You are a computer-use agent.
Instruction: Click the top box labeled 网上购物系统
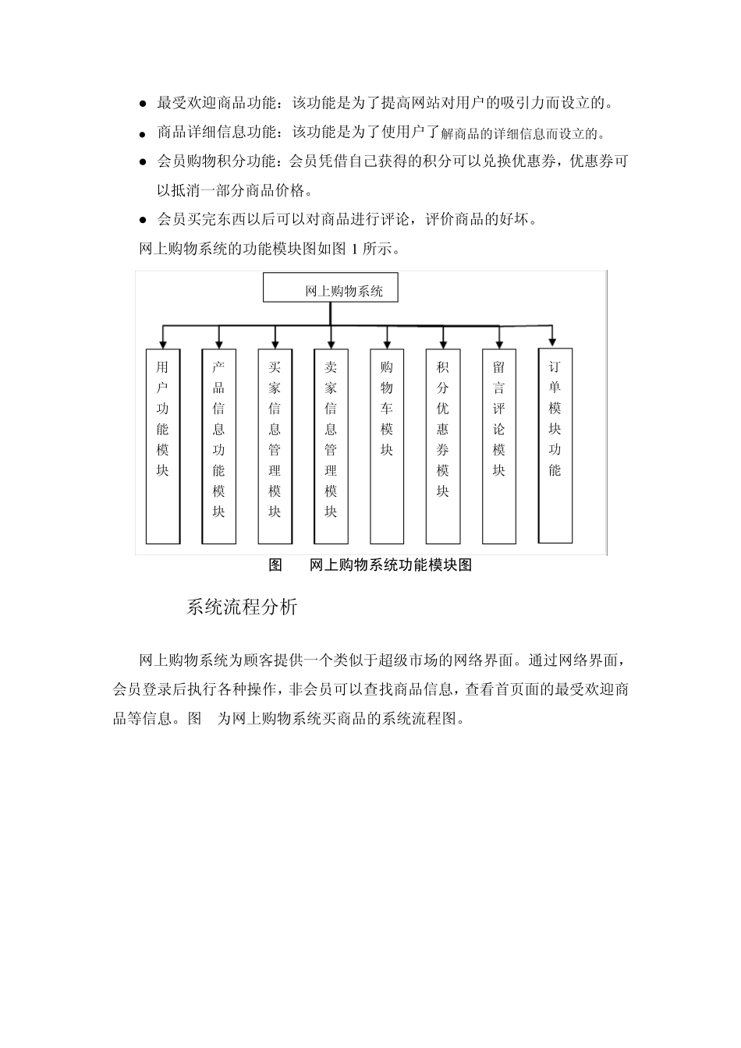click(331, 288)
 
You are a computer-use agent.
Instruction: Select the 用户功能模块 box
click(162, 446)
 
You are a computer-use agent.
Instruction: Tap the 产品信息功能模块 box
click(218, 446)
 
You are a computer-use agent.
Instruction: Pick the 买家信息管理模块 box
click(275, 446)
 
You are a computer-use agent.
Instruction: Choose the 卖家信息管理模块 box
click(331, 446)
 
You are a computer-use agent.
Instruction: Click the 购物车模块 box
click(387, 446)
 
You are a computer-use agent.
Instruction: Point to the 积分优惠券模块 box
click(443, 446)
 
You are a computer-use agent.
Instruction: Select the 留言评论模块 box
click(499, 446)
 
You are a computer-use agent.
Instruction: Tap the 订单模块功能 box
click(555, 445)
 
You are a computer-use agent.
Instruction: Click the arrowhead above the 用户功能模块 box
click(162, 343)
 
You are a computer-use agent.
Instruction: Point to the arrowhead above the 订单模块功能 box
click(553, 341)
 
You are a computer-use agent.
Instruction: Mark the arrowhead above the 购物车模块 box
click(387, 343)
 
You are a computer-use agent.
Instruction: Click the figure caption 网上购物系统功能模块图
click(390, 565)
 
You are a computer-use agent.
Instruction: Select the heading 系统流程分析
click(242, 607)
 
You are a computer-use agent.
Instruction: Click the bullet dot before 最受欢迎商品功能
click(143, 104)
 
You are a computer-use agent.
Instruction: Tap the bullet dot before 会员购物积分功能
click(143, 163)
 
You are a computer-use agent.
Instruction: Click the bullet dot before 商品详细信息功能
click(143, 134)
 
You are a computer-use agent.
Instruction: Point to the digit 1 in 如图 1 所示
click(355, 250)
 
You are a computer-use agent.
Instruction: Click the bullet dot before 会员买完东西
click(143, 221)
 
